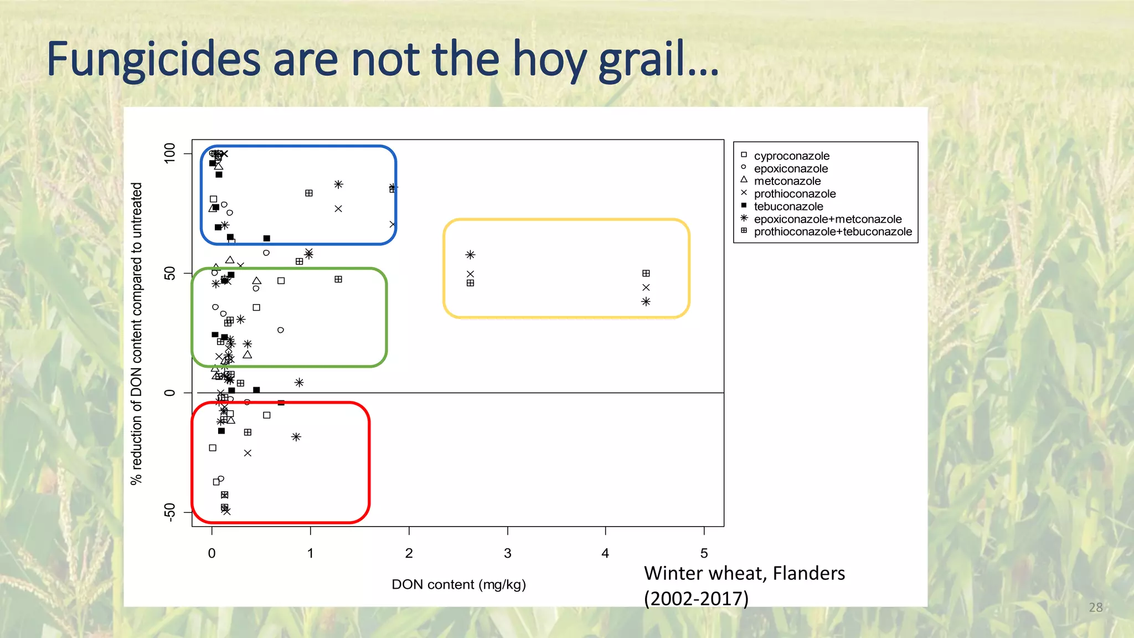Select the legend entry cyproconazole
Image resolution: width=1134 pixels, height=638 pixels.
point(791,156)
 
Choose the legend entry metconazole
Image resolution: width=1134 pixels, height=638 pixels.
point(787,181)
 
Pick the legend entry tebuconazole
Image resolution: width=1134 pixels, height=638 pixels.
point(788,207)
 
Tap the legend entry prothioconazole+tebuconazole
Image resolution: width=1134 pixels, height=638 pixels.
point(832,232)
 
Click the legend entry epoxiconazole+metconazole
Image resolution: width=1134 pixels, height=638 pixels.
point(827,219)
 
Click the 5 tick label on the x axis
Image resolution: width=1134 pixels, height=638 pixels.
point(704,553)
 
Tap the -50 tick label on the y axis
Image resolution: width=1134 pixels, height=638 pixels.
point(169,512)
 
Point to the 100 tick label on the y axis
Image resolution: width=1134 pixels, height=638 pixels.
point(169,153)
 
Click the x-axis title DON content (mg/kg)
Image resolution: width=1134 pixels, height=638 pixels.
point(458,584)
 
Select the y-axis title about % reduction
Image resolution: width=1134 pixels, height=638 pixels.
point(136,333)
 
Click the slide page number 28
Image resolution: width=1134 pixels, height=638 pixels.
point(1095,608)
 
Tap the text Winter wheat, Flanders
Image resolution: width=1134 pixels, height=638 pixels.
point(744,573)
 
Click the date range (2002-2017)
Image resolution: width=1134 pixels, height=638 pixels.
point(696,599)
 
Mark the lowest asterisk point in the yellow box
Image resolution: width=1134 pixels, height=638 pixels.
point(646,302)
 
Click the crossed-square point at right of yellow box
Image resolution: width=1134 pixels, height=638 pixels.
point(646,274)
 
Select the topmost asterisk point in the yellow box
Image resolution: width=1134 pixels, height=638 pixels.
point(470,255)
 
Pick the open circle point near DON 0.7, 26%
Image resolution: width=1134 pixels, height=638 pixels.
point(281,330)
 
